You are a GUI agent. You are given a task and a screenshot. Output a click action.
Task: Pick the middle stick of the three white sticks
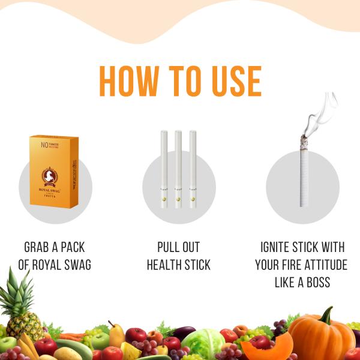178,169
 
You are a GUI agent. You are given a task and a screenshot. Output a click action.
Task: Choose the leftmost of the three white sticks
164,169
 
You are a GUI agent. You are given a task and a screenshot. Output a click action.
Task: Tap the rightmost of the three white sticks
193,169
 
